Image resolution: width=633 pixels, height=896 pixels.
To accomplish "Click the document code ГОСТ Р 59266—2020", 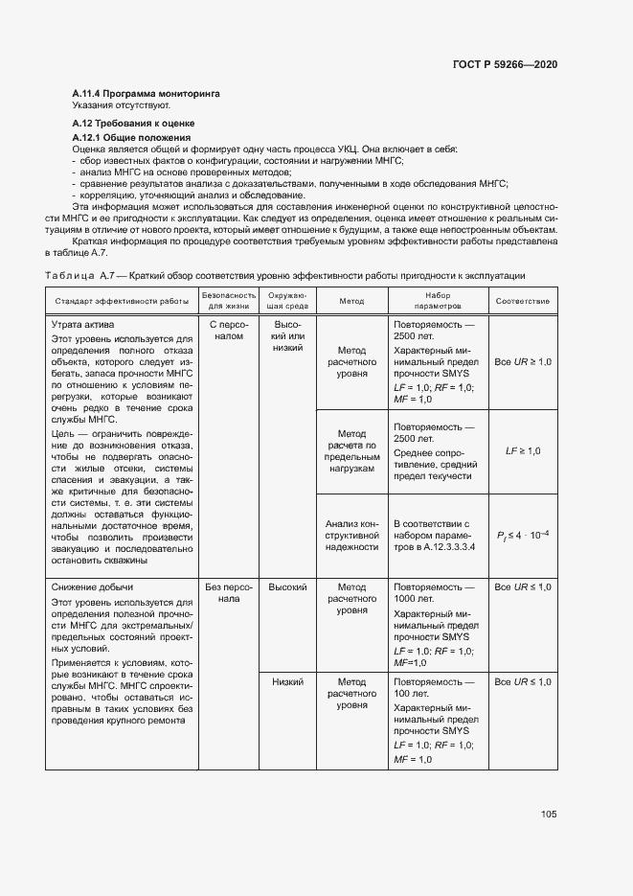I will [505, 64].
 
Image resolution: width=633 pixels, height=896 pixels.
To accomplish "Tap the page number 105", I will [549, 815].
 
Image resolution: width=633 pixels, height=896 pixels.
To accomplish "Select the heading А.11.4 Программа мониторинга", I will [147, 94].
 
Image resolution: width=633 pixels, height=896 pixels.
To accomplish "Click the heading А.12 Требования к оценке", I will [134, 124].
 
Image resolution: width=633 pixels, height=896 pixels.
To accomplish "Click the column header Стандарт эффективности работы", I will [122, 301].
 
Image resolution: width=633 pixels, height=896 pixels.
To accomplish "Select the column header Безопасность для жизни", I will [228, 301].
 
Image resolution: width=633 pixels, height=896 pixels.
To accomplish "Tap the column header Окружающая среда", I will [287, 301].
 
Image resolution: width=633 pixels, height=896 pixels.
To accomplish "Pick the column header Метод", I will [351, 301].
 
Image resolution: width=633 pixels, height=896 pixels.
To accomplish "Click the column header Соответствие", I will [522, 301].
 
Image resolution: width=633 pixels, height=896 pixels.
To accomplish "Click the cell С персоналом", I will [228, 331].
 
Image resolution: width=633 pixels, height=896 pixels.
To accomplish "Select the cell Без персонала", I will [228, 592].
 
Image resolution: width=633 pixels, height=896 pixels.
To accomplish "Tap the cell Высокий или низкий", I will [287, 336].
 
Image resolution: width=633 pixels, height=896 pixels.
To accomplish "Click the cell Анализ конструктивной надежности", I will [351, 535].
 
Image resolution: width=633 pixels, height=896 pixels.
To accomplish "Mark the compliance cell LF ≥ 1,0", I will [522, 450].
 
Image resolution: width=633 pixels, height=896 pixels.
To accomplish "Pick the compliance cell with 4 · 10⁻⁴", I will [522, 535].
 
